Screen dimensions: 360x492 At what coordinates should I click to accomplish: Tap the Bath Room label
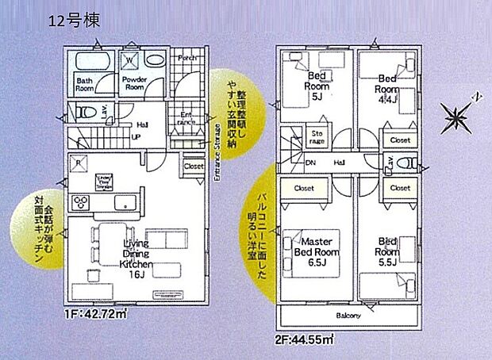86,84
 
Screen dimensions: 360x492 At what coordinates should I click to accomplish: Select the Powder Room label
133,84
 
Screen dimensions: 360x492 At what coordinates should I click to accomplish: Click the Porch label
186,58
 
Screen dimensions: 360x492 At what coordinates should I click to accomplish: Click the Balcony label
348,316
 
